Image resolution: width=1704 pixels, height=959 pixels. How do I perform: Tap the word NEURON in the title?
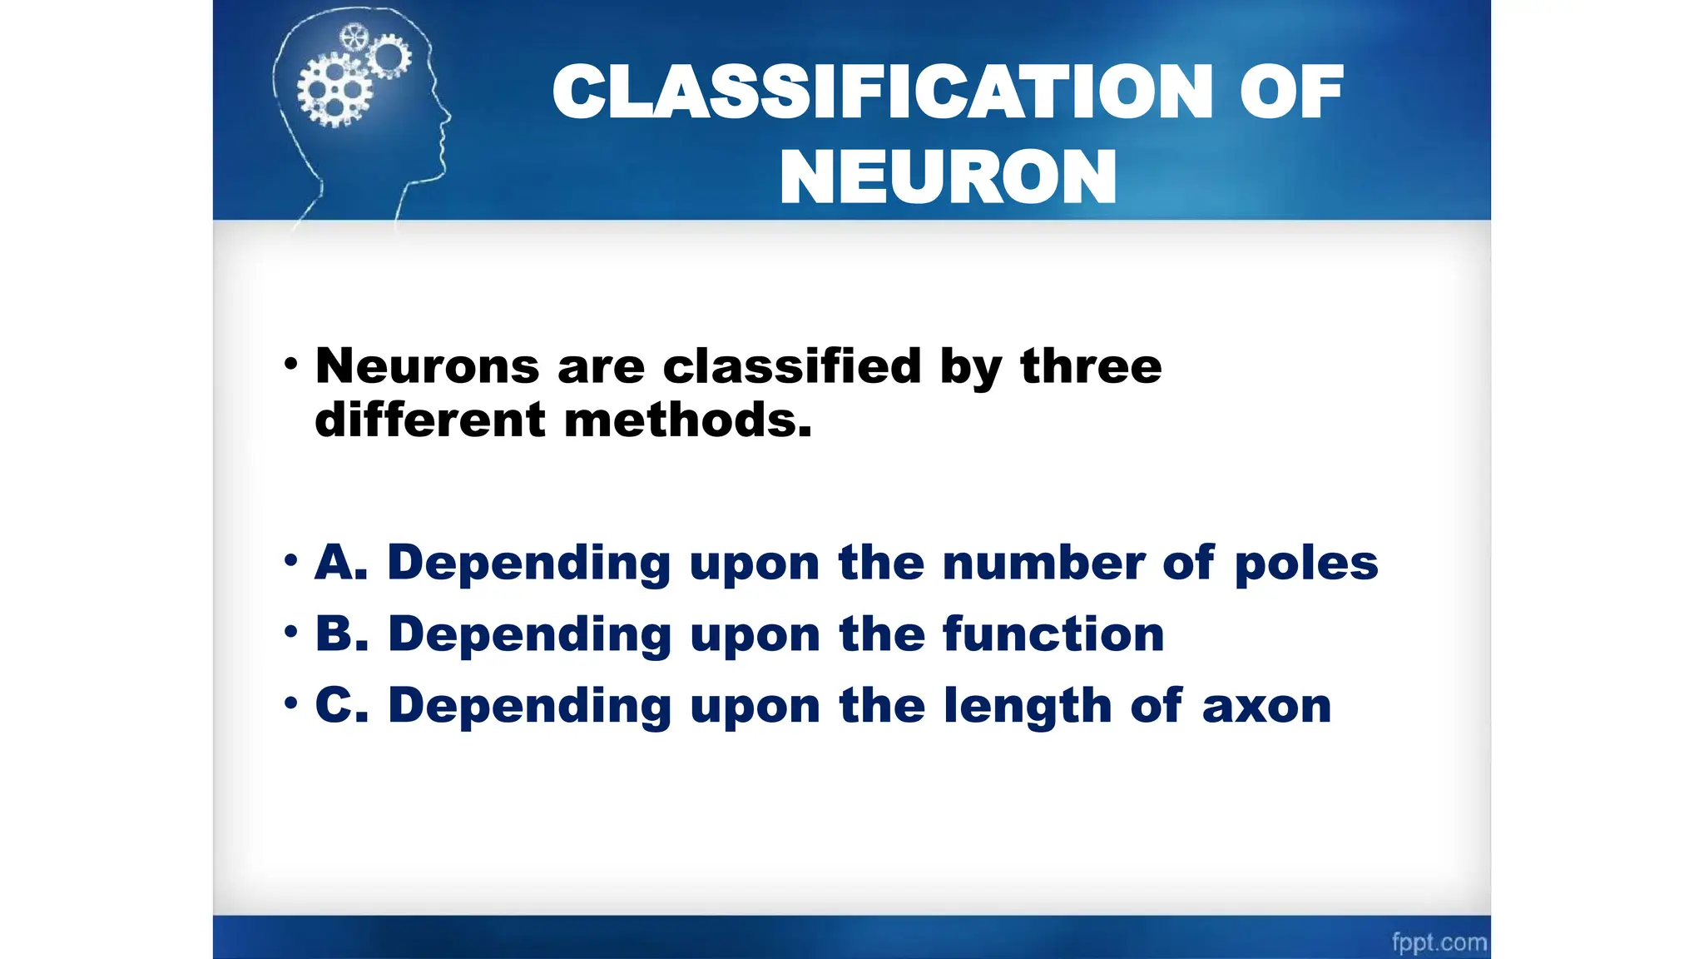948,177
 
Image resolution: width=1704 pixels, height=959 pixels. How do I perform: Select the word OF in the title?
1290,92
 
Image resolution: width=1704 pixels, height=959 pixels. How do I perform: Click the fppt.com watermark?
1439,942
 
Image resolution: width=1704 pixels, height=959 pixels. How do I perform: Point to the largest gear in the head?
334,89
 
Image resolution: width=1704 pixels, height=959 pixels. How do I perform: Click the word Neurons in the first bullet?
427,366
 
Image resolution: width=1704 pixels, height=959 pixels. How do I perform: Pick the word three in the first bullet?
1091,366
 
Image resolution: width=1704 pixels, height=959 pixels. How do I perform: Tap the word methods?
687,420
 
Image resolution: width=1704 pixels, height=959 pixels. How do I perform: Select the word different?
429,420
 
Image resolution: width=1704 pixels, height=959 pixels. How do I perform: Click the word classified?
791,366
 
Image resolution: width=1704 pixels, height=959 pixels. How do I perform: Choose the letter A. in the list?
341,563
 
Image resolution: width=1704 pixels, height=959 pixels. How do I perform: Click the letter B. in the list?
341,634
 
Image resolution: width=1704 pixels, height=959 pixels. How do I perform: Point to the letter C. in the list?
341,706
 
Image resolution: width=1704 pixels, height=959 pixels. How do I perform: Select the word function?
1053,634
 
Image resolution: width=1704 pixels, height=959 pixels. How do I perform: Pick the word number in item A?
1043,563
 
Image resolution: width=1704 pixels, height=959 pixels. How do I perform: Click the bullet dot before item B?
290,632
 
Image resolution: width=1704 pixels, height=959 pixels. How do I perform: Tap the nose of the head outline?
448,117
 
